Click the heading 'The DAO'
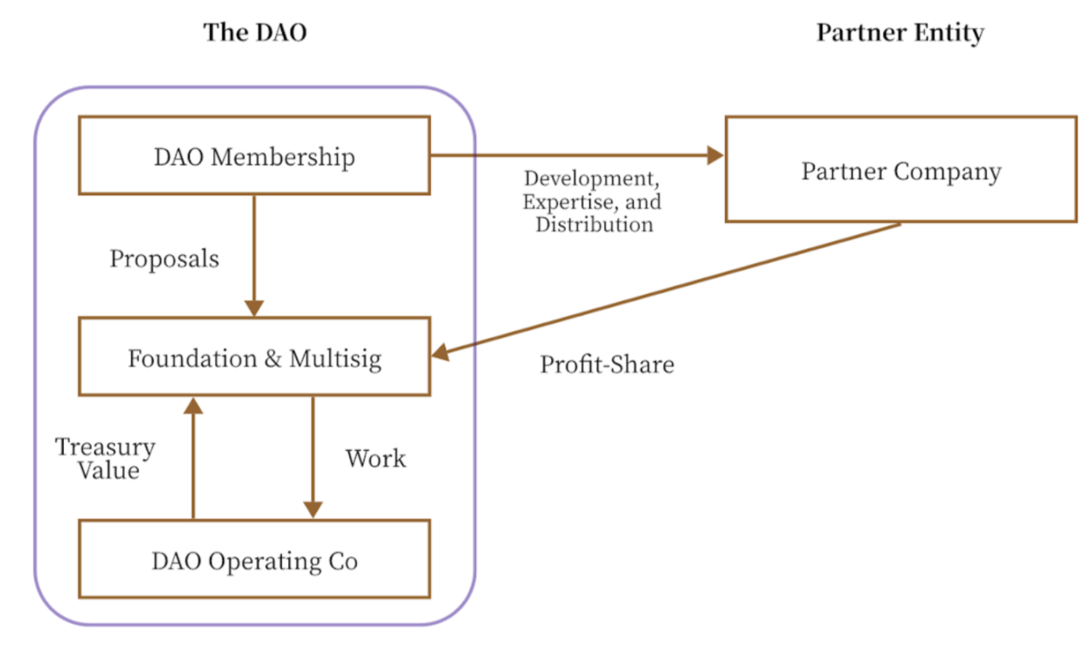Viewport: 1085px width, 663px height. click(x=254, y=33)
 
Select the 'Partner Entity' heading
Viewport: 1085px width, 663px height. click(x=899, y=33)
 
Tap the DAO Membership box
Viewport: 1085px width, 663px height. click(x=254, y=156)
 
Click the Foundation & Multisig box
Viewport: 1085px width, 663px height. click(x=254, y=357)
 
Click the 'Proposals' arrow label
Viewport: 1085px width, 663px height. click(x=164, y=259)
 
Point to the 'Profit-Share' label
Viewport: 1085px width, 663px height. click(x=607, y=364)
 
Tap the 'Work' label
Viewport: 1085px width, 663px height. click(x=375, y=459)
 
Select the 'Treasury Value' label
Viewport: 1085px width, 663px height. click(x=105, y=459)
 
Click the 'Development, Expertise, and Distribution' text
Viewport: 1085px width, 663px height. click(x=591, y=202)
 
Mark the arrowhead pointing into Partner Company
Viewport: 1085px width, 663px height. click(x=715, y=155)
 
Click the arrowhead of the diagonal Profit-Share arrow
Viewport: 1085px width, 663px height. click(x=441, y=353)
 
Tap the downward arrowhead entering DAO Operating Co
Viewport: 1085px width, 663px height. click(x=312, y=509)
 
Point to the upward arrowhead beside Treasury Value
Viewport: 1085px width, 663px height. click(x=193, y=405)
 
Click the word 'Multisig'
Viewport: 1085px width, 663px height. click(x=335, y=358)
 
